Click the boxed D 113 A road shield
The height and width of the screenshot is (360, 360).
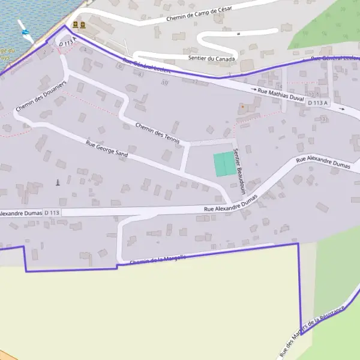(x=318, y=103)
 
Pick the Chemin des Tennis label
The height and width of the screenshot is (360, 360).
(x=158, y=134)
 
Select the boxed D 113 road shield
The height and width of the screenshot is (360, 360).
(x=52, y=212)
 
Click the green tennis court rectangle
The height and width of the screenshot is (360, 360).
(x=224, y=164)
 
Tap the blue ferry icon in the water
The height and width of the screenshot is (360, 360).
(x=26, y=31)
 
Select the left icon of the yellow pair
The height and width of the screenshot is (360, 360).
(x=75, y=25)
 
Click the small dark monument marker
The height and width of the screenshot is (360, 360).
(x=58, y=182)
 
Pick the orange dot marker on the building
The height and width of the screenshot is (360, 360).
(x=242, y=107)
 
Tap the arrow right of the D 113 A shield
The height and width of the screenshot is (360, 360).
(x=341, y=109)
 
